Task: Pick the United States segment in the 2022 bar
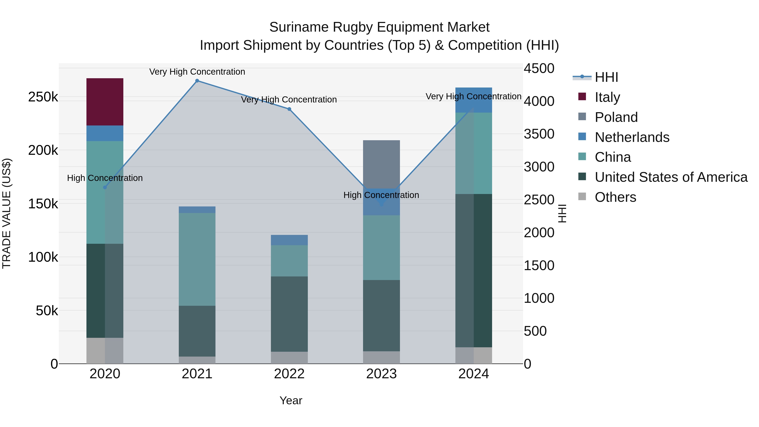point(289,314)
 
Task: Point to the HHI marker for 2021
point(197,81)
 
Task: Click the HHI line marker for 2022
point(289,109)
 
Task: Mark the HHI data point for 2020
point(105,187)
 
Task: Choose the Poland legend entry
point(616,117)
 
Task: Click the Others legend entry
point(615,197)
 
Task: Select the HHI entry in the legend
point(606,77)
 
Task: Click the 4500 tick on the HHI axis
point(539,68)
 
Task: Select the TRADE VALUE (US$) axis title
point(7,213)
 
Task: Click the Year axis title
point(291,400)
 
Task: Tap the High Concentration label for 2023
point(381,195)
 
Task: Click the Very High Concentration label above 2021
point(197,72)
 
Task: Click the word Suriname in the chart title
point(299,27)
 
